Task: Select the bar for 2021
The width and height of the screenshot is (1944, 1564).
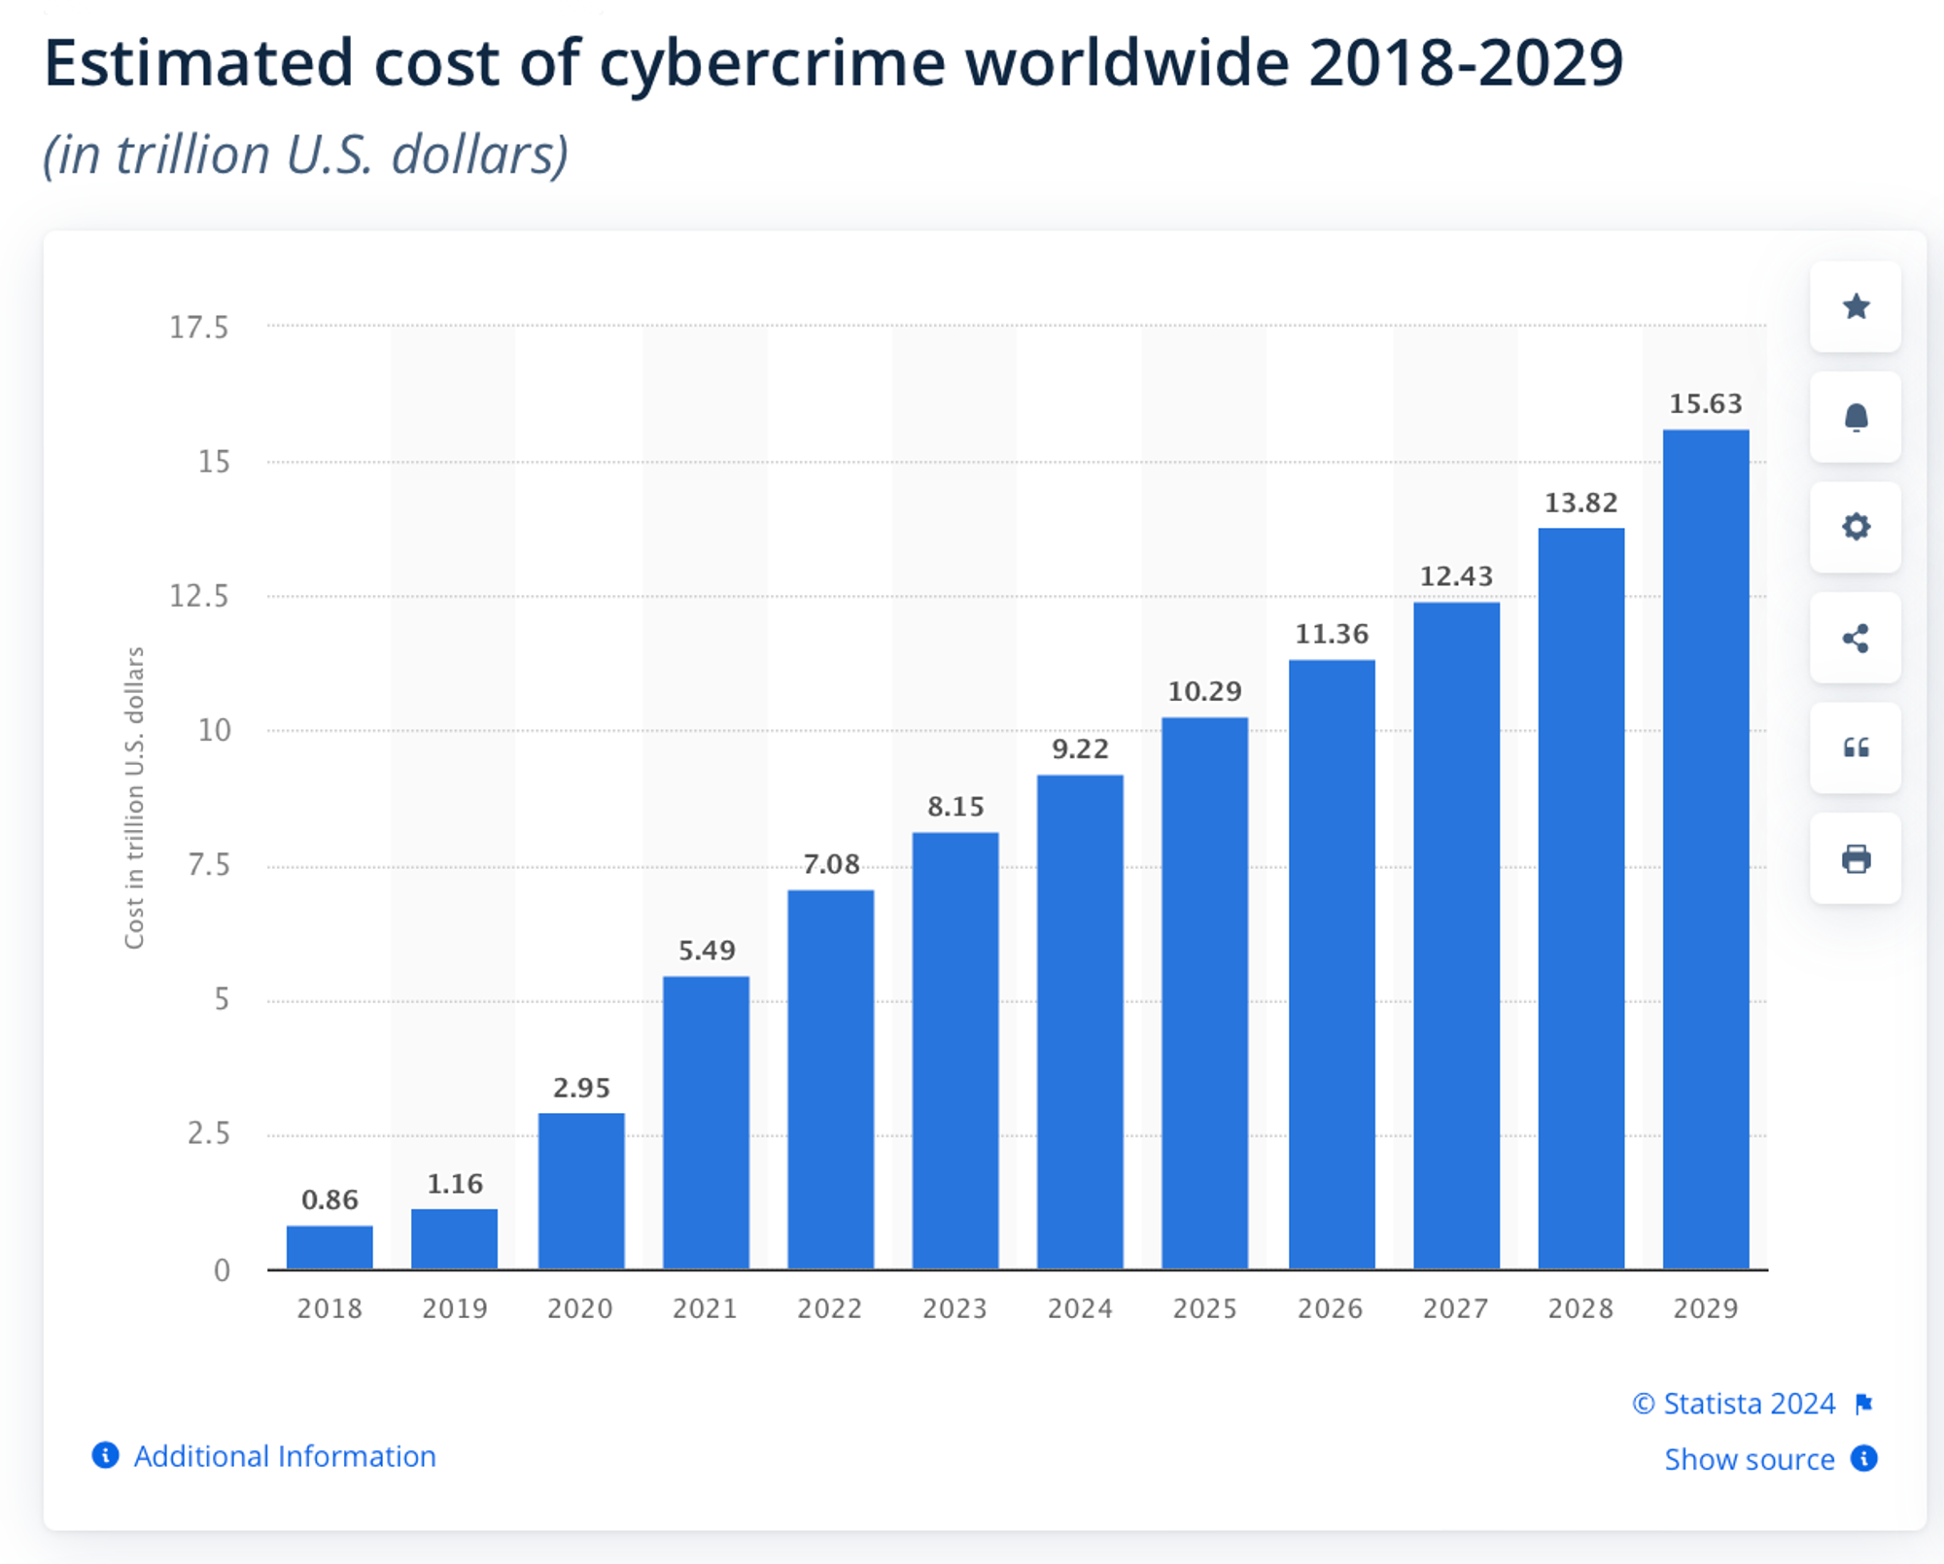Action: tap(706, 1122)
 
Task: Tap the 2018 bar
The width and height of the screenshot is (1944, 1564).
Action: tap(330, 1247)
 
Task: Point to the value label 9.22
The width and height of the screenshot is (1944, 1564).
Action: tap(1080, 749)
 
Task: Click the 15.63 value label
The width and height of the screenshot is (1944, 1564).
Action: tap(1705, 403)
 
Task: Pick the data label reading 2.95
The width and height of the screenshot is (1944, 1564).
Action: tap(581, 1088)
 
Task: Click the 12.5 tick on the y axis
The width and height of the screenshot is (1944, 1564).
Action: tap(199, 596)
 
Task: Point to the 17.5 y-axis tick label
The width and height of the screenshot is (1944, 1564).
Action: tap(199, 328)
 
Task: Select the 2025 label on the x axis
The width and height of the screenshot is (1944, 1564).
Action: tap(1204, 1308)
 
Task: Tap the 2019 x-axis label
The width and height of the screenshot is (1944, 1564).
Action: tap(455, 1308)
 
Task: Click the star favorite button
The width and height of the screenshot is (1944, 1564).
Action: tap(1856, 307)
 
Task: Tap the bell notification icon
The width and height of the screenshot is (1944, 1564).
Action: tap(1856, 417)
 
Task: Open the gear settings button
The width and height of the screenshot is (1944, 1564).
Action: tap(1856, 527)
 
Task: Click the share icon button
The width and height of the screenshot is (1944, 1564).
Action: tap(1856, 638)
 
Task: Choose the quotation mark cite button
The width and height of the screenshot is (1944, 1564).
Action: tap(1856, 747)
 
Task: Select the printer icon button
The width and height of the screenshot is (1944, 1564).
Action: tap(1856, 858)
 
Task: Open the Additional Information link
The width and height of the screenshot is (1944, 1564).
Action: tap(284, 1456)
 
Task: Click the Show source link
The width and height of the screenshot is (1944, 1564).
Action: tap(1750, 1459)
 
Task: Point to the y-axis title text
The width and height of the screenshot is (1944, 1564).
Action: tap(134, 797)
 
